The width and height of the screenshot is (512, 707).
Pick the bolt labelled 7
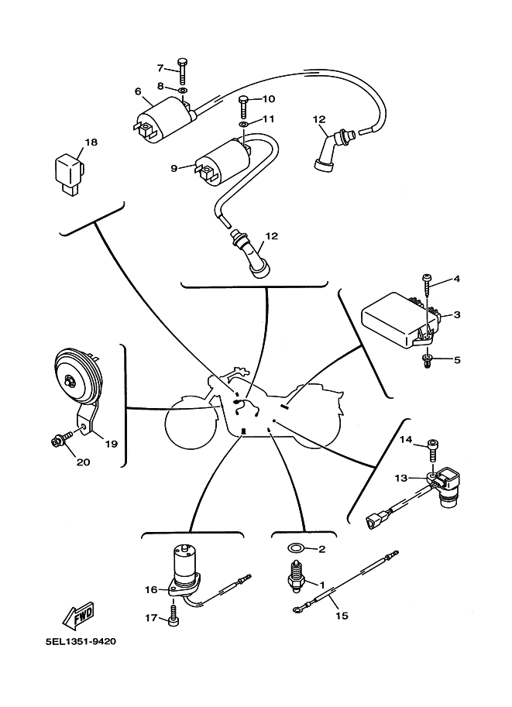coord(181,71)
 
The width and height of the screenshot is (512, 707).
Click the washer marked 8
coord(182,91)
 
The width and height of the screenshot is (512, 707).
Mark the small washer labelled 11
coord(243,122)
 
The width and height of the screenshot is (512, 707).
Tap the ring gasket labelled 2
coord(294,549)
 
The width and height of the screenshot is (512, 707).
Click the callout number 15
coord(342,616)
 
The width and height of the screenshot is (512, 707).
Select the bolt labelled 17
coord(173,618)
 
